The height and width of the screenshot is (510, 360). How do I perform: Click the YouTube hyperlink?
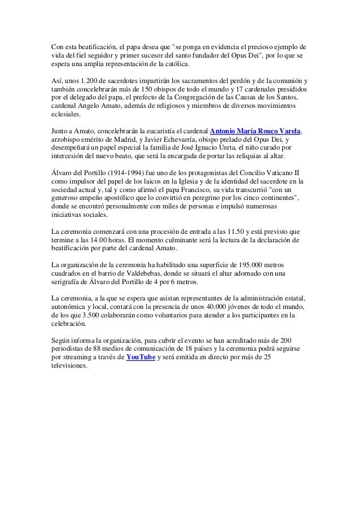[141, 357]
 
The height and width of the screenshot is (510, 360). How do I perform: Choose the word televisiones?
[69, 365]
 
